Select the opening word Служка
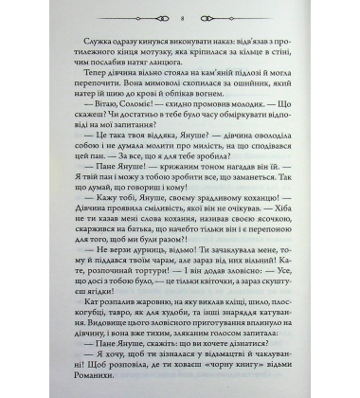point(87,46)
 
